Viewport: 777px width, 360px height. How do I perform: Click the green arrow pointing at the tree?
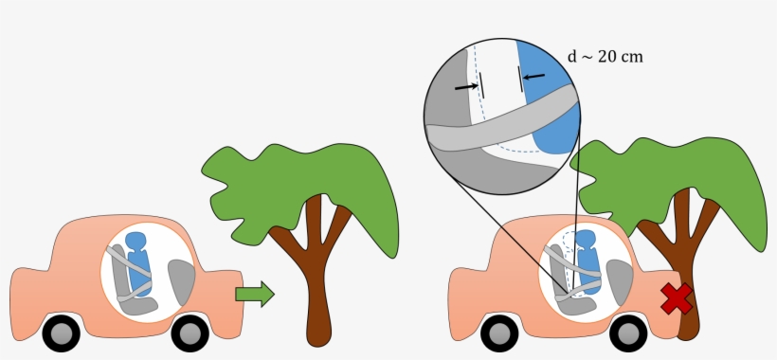pos(253,294)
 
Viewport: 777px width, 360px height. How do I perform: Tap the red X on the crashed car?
pos(676,297)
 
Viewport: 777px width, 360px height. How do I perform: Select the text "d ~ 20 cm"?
pos(605,56)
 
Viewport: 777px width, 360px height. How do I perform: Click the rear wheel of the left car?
pos(60,332)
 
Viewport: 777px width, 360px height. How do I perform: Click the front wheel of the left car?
pos(190,332)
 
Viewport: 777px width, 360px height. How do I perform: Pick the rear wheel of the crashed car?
pos(498,332)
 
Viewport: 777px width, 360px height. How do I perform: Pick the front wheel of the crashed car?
pos(627,332)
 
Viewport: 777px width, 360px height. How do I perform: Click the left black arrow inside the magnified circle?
pos(465,87)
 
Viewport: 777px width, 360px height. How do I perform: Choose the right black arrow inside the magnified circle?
pos(533,75)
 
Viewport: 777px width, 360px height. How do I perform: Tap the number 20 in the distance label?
pos(608,56)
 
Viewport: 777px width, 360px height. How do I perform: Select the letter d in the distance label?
pos(572,56)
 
